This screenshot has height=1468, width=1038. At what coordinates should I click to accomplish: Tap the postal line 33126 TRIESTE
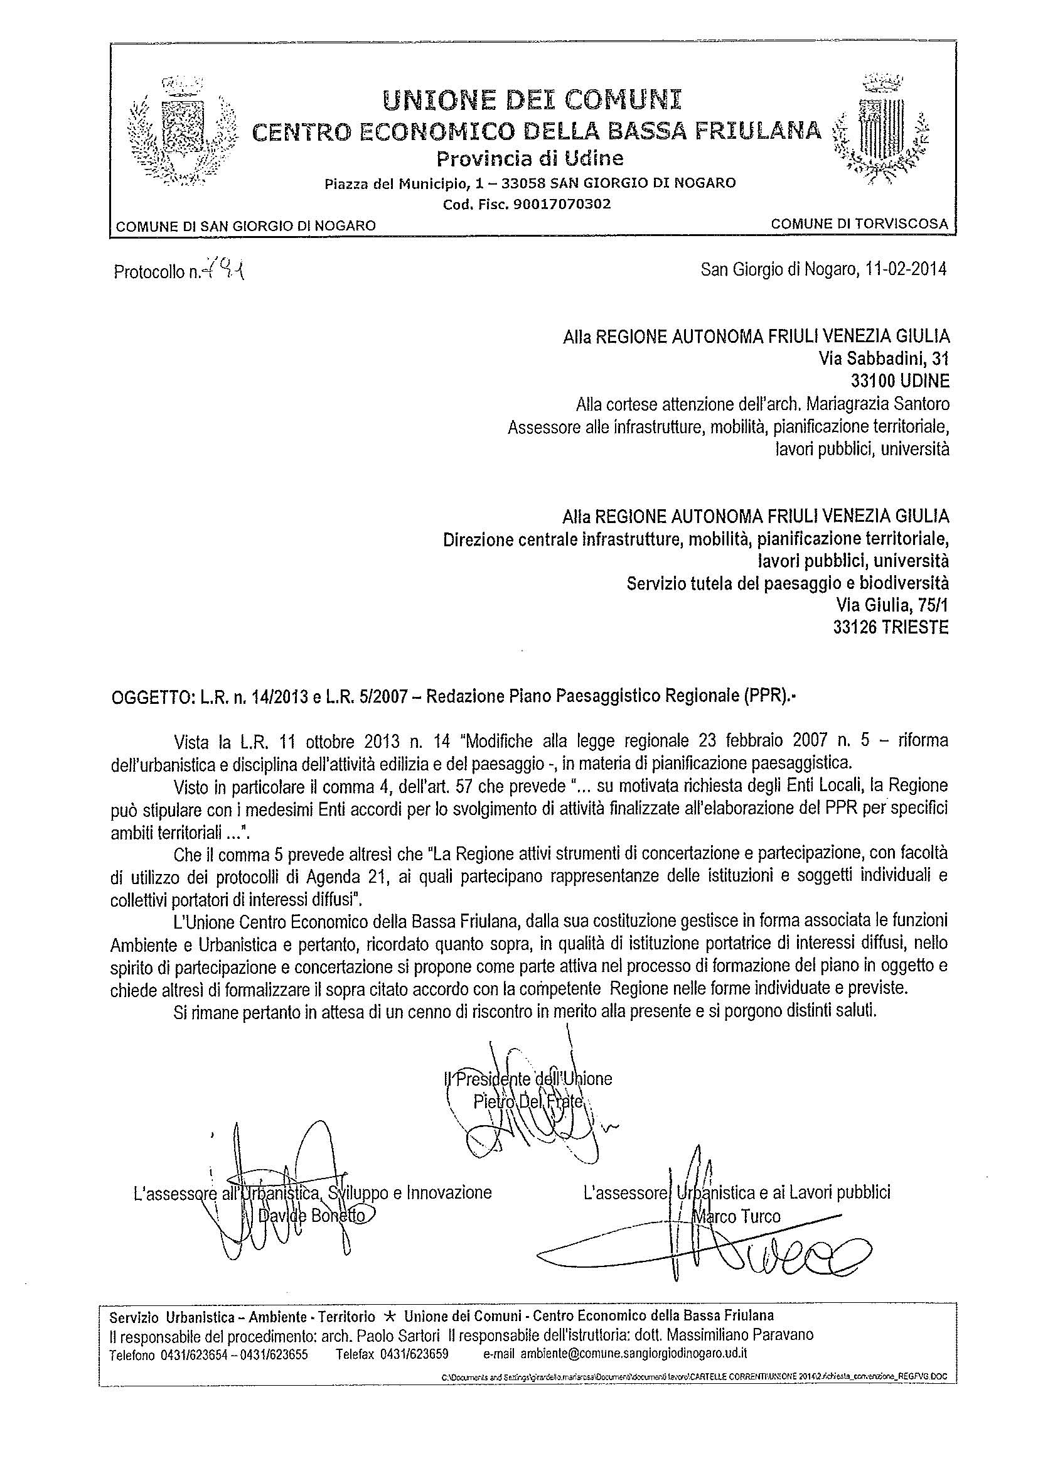tap(891, 628)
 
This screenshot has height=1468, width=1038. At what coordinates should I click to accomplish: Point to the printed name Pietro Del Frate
tap(528, 1102)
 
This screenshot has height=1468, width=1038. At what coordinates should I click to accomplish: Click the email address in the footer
tap(633, 1354)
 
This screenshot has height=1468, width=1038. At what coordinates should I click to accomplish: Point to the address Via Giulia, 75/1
tap(892, 605)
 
